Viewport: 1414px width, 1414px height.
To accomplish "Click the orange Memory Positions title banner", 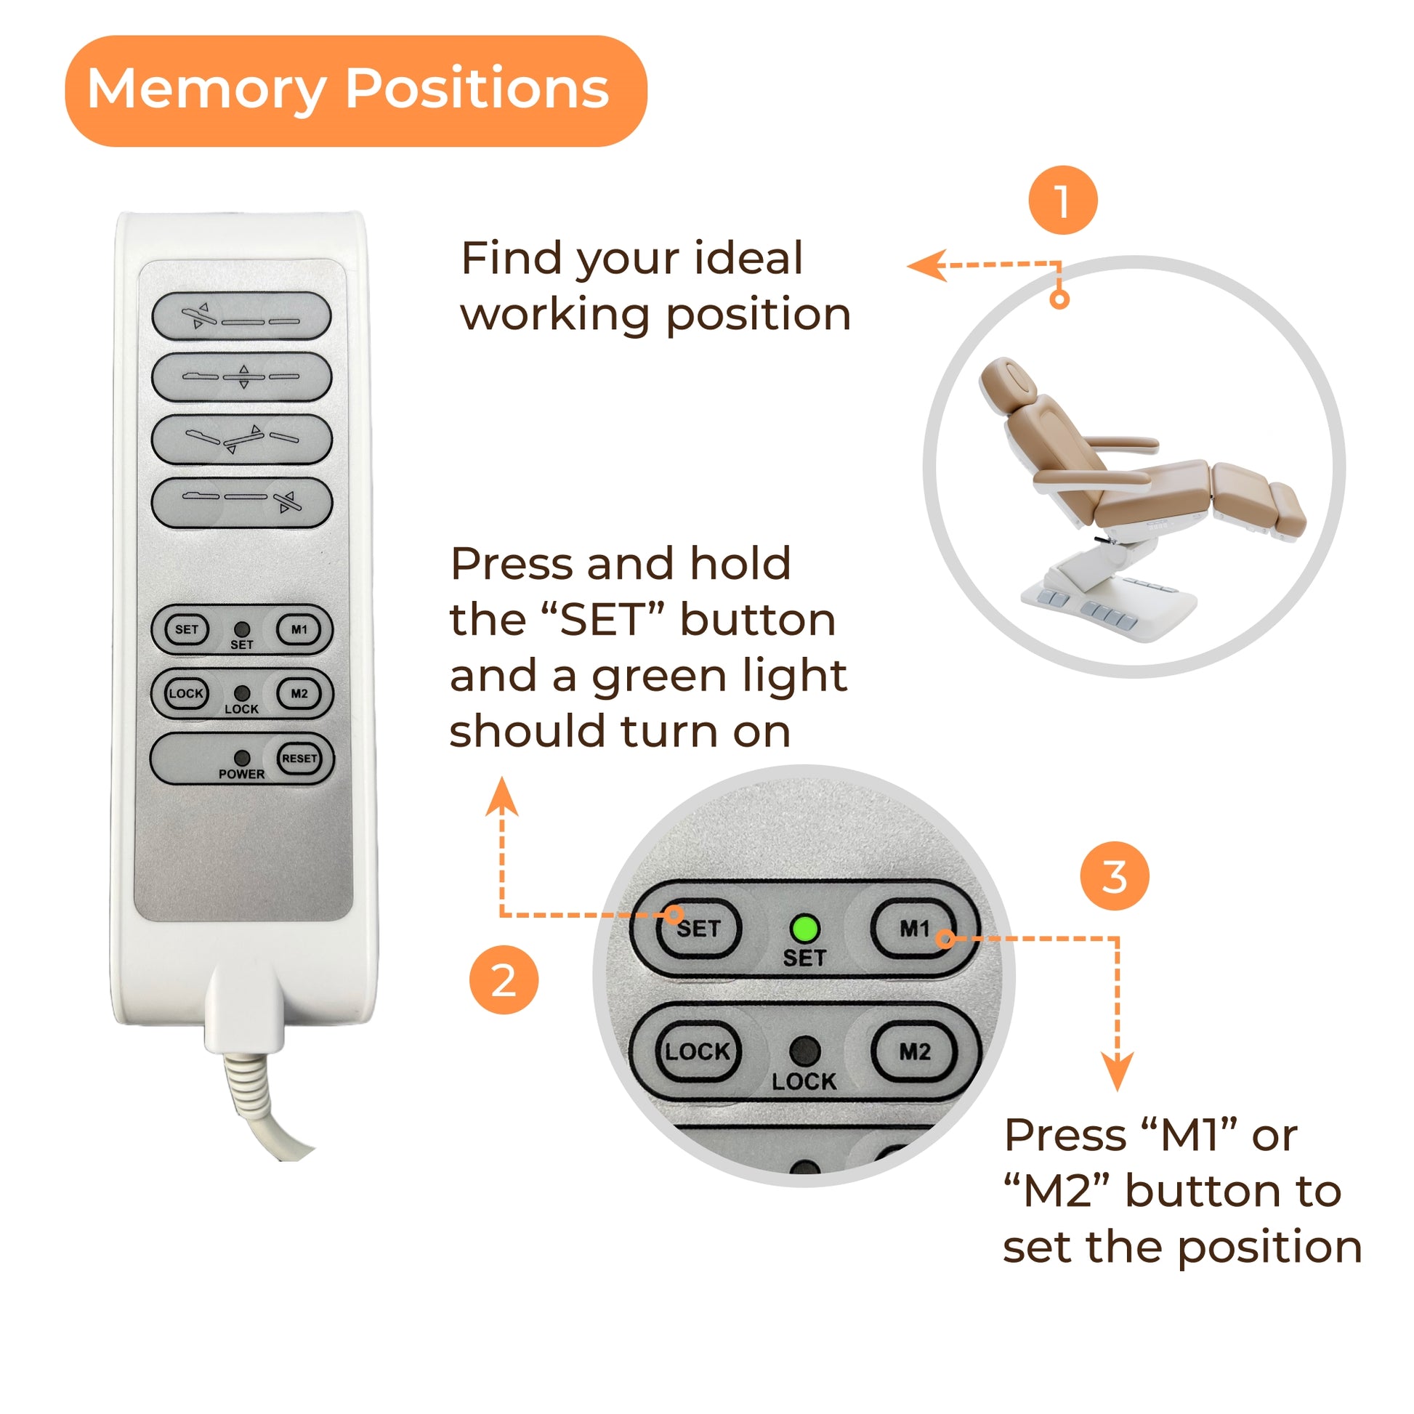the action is pyautogui.click(x=356, y=91).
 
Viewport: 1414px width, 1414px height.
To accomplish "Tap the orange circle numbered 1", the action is pyautogui.click(x=1063, y=200).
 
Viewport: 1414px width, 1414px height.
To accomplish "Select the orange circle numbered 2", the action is pyautogui.click(x=504, y=980).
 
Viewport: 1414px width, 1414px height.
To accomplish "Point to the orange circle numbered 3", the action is pyautogui.click(x=1115, y=876).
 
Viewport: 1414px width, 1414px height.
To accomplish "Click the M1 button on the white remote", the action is pyautogui.click(x=299, y=629).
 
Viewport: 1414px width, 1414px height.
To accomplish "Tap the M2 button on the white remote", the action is pyautogui.click(x=299, y=694).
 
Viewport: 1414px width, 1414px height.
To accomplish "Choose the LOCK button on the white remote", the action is pyautogui.click(x=186, y=694).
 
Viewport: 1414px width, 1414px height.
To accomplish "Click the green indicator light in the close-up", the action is pyautogui.click(x=804, y=929).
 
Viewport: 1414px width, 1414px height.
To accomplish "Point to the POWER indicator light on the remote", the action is pyautogui.click(x=241, y=757).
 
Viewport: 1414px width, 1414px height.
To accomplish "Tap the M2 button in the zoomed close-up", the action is pyautogui.click(x=914, y=1051).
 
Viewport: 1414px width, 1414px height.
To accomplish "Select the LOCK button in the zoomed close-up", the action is pyautogui.click(x=698, y=1051).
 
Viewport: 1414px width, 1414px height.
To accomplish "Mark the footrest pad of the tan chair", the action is pyautogui.click(x=1288, y=509).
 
